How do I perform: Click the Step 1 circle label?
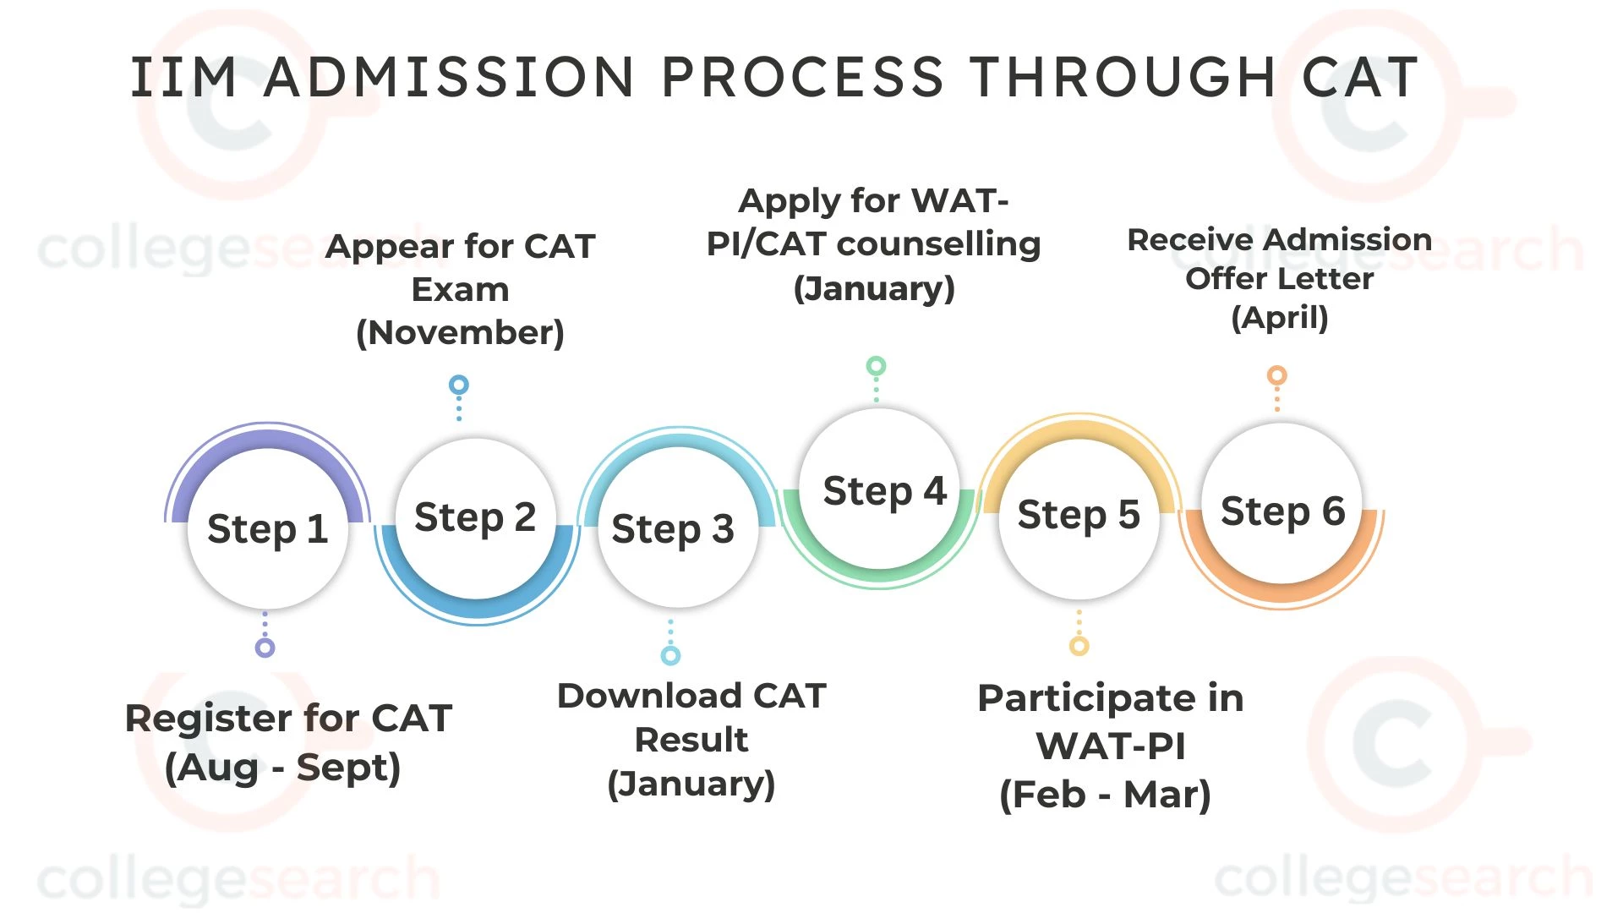coord(267,529)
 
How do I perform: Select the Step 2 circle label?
coord(475,517)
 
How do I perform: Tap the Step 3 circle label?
coord(673,529)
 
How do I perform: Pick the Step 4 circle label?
coord(884,491)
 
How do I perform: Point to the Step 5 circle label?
coord(1079,515)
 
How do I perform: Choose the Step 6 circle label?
coord(1282,511)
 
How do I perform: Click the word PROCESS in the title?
coord(801,78)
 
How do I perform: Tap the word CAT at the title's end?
coord(1360,78)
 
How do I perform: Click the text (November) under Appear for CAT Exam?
coord(460,333)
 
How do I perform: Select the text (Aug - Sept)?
coord(282,768)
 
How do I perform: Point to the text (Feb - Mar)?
coord(1105,795)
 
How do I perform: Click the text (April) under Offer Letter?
coord(1279,319)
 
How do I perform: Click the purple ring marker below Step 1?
coord(265,648)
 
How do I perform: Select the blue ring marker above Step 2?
coord(458,385)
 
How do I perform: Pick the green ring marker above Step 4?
coord(876,366)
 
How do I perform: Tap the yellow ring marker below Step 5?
coord(1079,646)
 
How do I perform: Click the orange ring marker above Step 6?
coord(1276,374)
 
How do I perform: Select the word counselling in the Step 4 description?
coord(938,244)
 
